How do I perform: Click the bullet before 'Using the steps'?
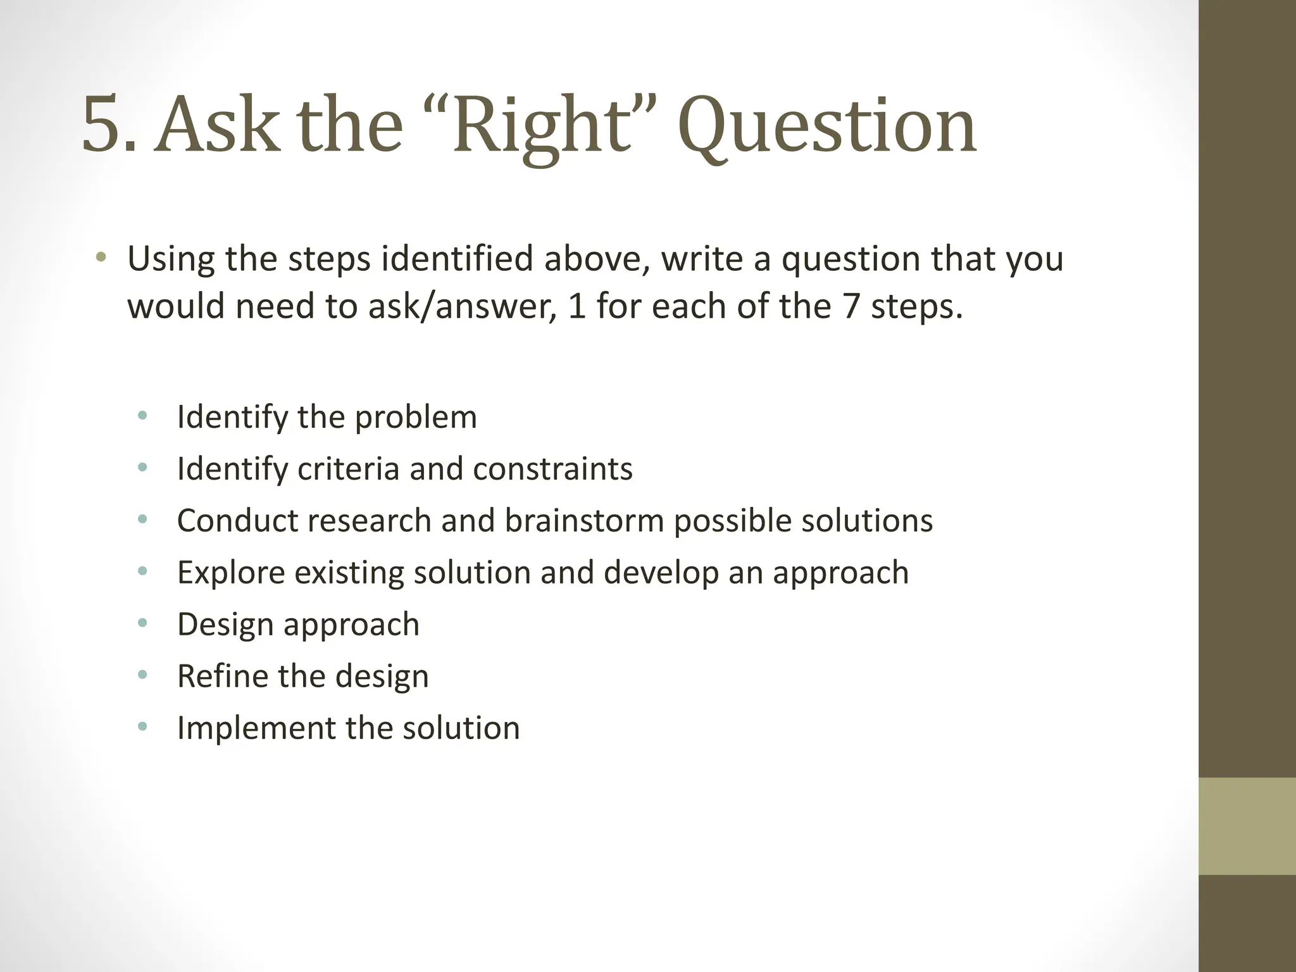coord(101,258)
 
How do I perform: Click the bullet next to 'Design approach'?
coord(142,624)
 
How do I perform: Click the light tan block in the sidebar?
coord(1247,826)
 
